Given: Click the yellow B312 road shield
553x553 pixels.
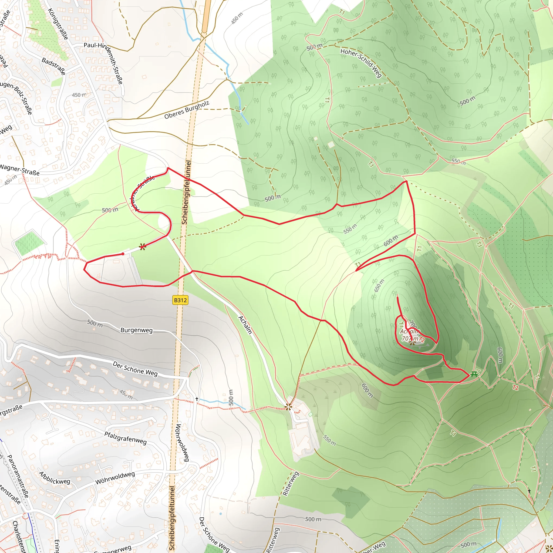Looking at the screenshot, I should tap(180, 300).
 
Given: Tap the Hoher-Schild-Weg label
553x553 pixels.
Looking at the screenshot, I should tap(361, 63).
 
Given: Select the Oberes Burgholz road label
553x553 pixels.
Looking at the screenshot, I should tap(187, 110).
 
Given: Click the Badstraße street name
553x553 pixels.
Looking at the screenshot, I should tap(53, 66).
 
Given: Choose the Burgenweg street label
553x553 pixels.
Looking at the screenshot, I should tap(137, 330).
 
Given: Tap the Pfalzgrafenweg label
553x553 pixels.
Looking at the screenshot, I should tap(125, 438).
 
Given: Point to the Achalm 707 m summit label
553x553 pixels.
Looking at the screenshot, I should tap(410, 335).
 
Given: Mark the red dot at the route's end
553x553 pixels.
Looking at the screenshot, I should tap(123, 254).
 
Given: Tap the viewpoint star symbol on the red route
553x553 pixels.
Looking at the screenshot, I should tap(143, 247).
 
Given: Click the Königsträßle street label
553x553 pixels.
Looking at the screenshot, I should tap(58, 24).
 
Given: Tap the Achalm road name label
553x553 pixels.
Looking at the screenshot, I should tap(245, 325).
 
